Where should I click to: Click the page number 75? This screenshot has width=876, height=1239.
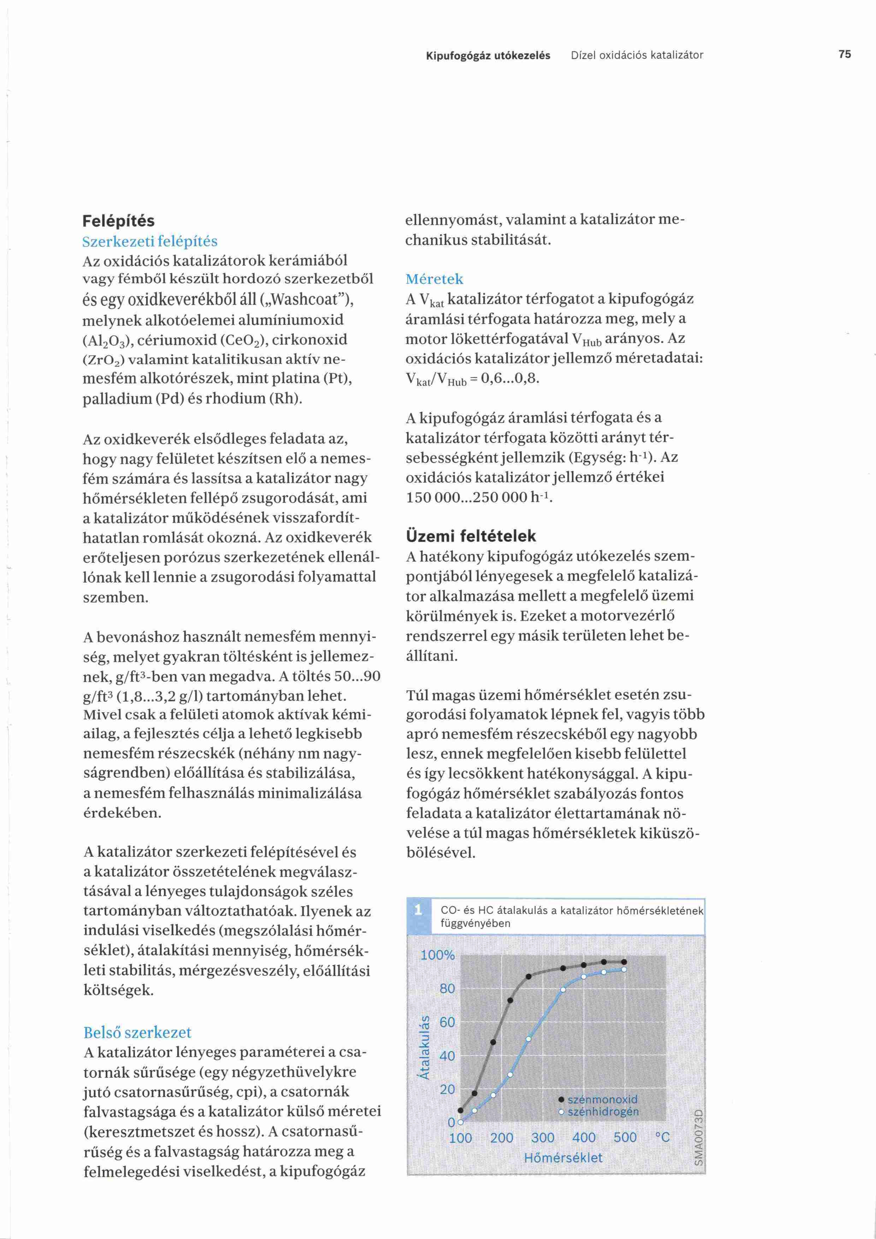tap(845, 54)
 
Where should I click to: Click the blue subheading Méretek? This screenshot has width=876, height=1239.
tap(434, 279)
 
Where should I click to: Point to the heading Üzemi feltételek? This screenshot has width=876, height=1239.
tap(470, 536)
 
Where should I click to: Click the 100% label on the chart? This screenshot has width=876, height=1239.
tap(437, 955)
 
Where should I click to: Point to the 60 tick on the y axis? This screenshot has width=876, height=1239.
tap(447, 1022)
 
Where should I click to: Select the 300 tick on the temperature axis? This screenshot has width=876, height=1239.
tap(543, 1138)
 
